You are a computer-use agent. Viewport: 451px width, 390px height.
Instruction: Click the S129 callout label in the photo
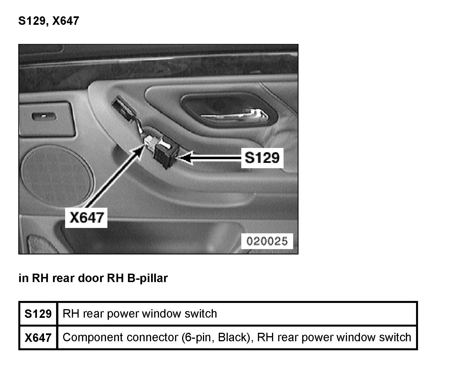262,158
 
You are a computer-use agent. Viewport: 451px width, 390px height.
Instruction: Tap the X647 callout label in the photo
86,218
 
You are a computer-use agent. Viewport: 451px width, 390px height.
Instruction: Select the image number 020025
267,241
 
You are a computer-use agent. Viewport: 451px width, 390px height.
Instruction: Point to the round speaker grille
58,174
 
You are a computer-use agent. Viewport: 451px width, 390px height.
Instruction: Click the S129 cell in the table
38,314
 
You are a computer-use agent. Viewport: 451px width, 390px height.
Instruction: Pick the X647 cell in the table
38,338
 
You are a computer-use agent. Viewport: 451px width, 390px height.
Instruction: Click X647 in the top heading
65,21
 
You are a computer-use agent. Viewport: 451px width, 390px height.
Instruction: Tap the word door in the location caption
91,278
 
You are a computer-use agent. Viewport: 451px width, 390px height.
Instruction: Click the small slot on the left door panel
44,116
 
